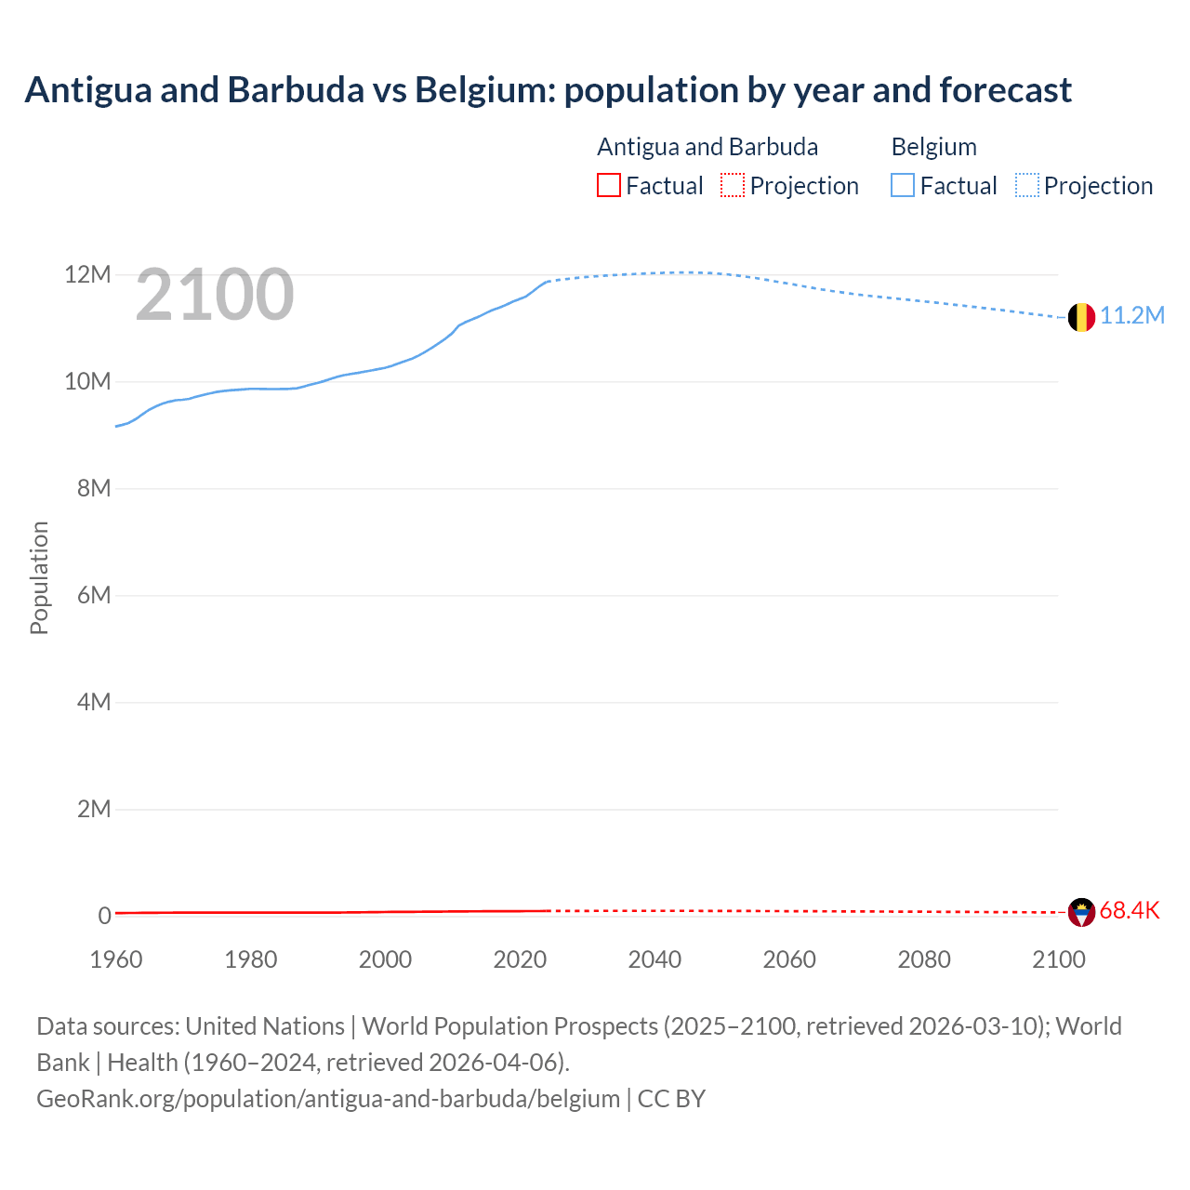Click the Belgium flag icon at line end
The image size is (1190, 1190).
coord(1080,317)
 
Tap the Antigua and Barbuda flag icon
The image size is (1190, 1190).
coord(1081,912)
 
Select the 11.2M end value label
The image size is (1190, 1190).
coord(1132,316)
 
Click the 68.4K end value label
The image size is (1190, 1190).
coord(1130,911)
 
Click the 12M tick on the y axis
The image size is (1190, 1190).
coord(87,275)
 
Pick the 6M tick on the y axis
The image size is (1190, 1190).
coord(93,595)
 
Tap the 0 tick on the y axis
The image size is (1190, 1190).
coord(104,916)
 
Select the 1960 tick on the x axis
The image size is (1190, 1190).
coord(116,959)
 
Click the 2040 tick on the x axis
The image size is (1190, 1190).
coord(654,959)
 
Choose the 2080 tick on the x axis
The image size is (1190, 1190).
coord(924,959)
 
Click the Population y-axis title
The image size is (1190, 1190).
coord(39,577)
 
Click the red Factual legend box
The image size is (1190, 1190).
coord(608,186)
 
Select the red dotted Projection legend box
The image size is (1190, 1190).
coord(733,186)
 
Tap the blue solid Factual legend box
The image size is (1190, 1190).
coord(903,186)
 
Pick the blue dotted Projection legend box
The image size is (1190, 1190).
coord(1027,186)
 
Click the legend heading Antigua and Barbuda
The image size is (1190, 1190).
coord(707,147)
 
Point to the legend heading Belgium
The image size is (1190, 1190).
coord(933,147)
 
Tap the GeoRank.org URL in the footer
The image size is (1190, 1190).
coord(328,1099)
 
